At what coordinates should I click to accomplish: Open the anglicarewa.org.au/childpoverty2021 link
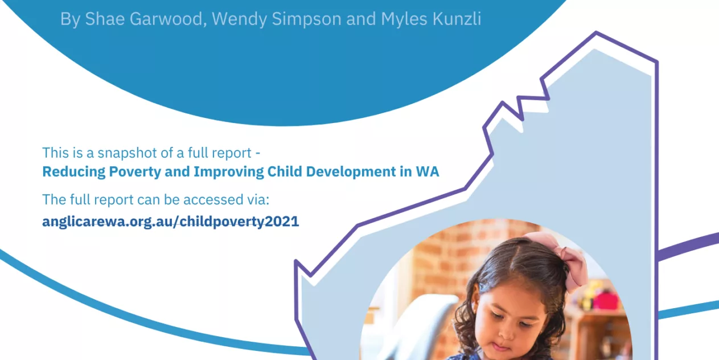[170, 222]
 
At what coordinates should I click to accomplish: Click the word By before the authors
[70, 19]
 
